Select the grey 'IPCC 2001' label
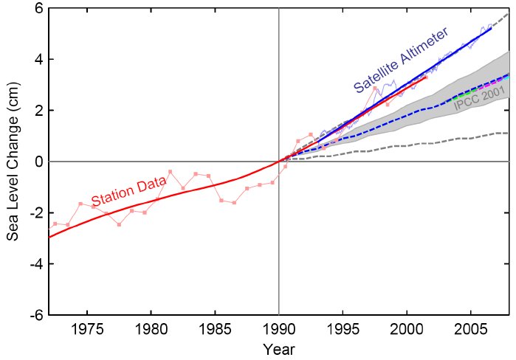coord(479,101)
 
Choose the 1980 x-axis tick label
coord(151,327)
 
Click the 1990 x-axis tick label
coord(279,327)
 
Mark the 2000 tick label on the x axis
coord(407,327)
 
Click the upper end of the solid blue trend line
coord(491,29)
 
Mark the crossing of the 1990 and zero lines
coord(279,161)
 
